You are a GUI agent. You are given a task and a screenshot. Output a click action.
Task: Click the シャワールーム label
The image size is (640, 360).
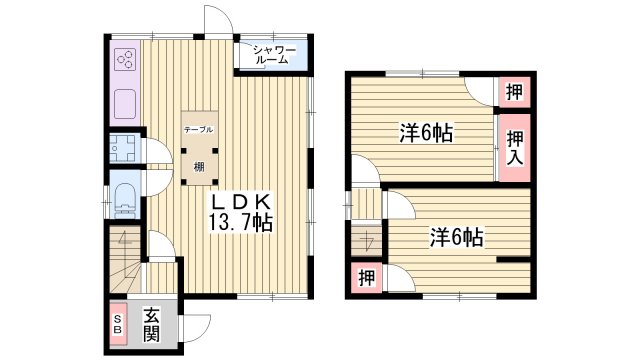[271, 54]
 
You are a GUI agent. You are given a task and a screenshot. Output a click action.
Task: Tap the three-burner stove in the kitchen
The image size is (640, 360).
[126, 60]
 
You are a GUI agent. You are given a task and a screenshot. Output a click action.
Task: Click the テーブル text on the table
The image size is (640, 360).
[198, 130]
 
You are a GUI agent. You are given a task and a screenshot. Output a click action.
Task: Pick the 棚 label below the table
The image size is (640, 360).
[199, 166]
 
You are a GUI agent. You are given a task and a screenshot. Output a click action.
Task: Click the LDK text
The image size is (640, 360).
[240, 199]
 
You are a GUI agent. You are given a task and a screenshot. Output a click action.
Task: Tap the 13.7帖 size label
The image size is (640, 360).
[240, 221]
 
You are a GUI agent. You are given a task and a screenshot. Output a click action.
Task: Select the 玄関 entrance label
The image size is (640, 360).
[151, 325]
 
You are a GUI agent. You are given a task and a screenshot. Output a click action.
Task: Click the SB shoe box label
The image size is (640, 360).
[117, 325]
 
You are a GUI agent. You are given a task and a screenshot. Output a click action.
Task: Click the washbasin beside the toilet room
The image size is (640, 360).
[125, 150]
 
